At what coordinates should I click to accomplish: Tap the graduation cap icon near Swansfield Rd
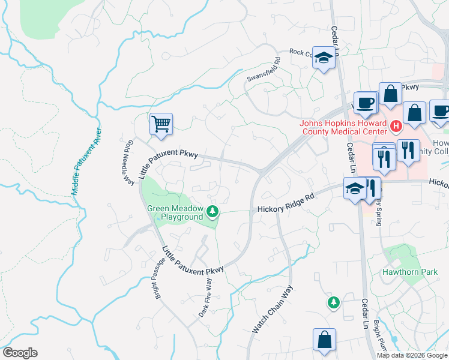[324, 58]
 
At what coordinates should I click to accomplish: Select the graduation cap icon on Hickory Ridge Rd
[355, 189]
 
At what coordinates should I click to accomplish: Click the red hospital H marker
[396, 127]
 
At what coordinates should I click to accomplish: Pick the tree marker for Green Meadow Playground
[212, 211]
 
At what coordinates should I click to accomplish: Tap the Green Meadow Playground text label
[175, 212]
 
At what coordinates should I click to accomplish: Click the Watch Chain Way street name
[271, 309]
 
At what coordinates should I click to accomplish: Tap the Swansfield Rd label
[264, 70]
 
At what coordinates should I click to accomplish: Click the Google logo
[20, 353]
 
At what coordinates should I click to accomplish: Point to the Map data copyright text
[412, 355]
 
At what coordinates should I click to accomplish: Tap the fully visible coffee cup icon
[365, 103]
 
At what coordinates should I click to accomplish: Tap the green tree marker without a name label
[333, 302]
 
